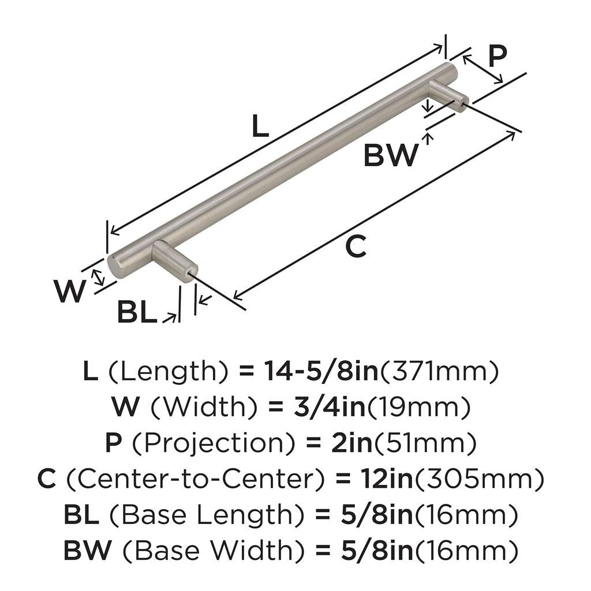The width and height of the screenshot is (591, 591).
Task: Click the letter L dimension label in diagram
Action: (x=261, y=127)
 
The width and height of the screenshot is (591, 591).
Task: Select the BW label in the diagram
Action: (x=390, y=155)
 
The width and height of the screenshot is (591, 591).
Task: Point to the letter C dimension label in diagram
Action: (x=356, y=247)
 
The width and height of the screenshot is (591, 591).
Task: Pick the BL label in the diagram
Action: (x=137, y=313)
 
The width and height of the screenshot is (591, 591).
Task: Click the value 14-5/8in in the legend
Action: (x=320, y=372)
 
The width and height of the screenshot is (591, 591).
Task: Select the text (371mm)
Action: (x=439, y=372)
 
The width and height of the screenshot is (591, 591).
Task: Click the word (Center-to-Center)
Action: (x=200, y=480)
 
